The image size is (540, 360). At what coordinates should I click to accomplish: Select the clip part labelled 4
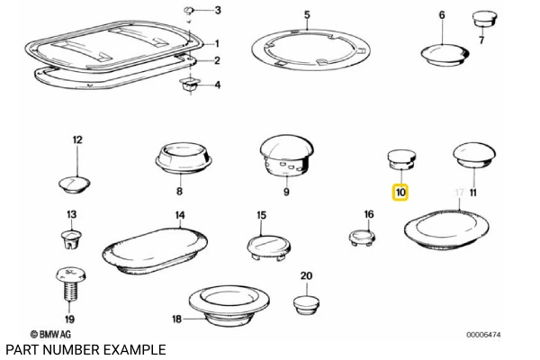(x=189, y=85)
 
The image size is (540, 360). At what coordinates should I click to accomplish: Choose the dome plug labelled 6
(x=441, y=51)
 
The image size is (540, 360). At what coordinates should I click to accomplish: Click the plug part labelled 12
(x=76, y=182)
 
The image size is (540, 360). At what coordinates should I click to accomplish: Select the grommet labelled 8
(x=184, y=158)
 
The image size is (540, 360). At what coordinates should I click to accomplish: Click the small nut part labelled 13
(x=71, y=239)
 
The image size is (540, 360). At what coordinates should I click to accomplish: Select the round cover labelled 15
(x=266, y=245)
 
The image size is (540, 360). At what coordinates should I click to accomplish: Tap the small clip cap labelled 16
(x=363, y=237)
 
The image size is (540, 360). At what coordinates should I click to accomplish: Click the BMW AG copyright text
(x=53, y=334)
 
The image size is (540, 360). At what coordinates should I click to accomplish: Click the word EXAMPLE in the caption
(x=135, y=349)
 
